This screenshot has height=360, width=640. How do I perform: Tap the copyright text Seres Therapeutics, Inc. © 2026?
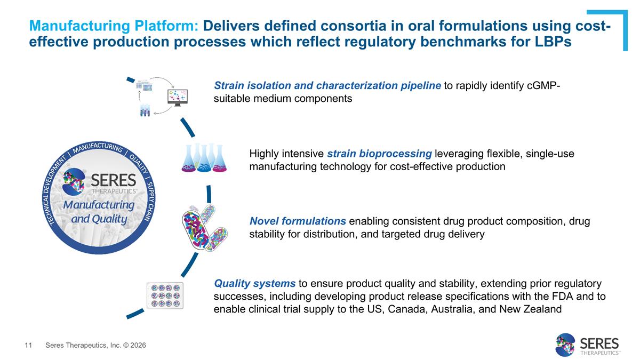(x=96, y=346)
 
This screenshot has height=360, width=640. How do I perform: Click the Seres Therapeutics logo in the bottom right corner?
(x=587, y=345)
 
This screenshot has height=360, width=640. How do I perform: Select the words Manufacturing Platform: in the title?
(x=114, y=26)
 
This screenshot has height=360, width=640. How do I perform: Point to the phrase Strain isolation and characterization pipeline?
(x=327, y=85)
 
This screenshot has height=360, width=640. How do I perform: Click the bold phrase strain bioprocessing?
(x=379, y=154)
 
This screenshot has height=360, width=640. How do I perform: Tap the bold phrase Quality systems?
(x=254, y=283)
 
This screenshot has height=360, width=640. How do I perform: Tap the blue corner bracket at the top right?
(x=619, y=21)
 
